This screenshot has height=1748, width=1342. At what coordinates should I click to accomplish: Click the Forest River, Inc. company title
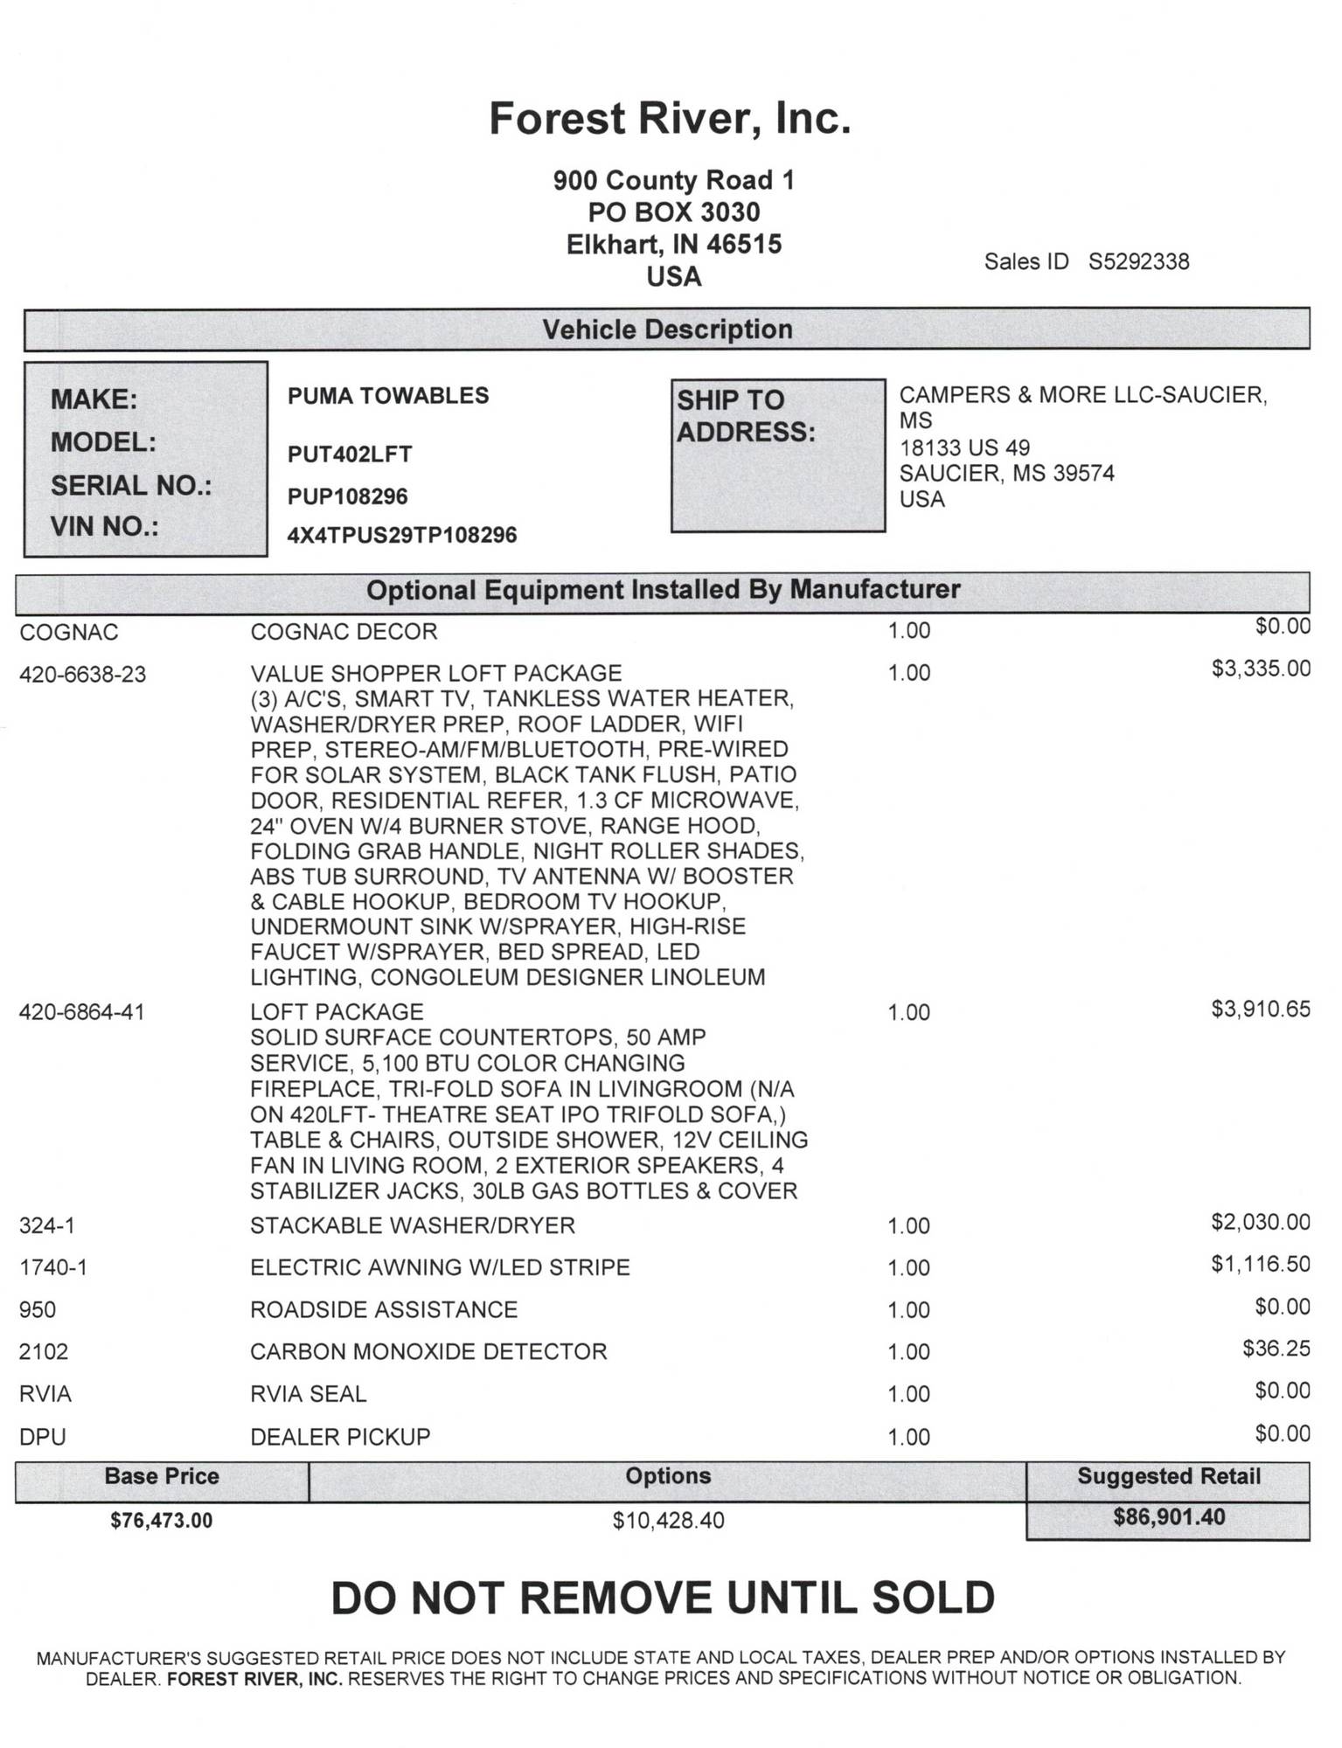click(670, 119)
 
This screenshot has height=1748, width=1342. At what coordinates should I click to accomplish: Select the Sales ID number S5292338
click(1138, 262)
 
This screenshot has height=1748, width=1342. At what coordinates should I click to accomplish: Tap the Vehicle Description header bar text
click(667, 329)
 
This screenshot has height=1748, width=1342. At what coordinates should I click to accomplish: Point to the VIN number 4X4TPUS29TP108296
click(402, 535)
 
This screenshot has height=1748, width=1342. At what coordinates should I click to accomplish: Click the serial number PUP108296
click(348, 496)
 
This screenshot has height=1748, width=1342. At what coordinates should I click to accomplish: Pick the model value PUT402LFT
click(350, 454)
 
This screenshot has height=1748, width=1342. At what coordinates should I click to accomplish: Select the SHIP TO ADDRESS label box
click(777, 454)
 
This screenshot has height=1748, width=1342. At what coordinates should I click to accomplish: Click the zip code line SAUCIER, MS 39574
click(1007, 474)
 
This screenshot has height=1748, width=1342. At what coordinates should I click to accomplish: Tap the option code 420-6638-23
click(82, 675)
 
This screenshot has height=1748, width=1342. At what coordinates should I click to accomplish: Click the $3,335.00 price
click(1261, 669)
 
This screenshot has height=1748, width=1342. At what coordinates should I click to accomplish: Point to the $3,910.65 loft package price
click(1261, 1009)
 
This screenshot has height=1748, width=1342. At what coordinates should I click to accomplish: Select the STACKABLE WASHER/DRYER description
click(413, 1225)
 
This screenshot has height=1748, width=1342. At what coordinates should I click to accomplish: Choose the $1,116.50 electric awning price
click(1261, 1263)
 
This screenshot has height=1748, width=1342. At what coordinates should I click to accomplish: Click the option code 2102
click(44, 1352)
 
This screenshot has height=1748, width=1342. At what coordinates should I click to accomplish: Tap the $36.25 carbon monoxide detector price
click(1276, 1348)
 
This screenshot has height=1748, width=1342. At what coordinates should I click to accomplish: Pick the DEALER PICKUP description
click(340, 1437)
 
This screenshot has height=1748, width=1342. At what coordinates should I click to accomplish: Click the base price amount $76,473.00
click(162, 1520)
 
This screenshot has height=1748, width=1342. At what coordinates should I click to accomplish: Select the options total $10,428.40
click(668, 1521)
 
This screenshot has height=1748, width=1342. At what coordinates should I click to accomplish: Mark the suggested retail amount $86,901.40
click(1169, 1517)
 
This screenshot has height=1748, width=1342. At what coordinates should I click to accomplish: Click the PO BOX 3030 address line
click(673, 212)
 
